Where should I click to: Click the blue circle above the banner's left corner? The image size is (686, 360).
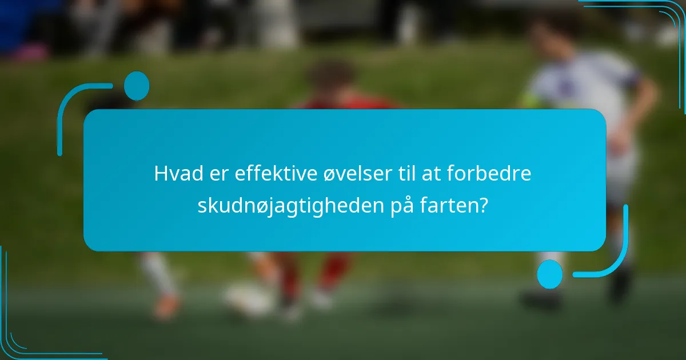click(136, 86)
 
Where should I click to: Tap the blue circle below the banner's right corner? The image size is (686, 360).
click(549, 274)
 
